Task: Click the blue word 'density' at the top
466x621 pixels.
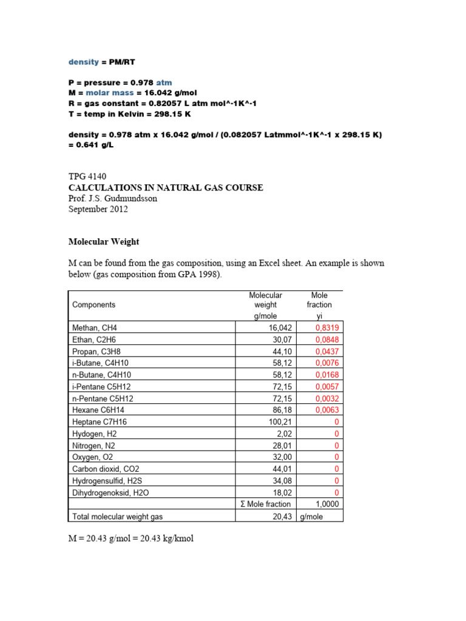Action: [83, 62]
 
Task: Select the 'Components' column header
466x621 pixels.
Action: [93, 304]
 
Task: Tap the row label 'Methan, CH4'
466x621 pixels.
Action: [95, 327]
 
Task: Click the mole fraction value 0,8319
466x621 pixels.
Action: [328, 327]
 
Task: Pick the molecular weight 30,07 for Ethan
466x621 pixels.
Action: [282, 339]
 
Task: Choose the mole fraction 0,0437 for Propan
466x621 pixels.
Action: [328, 351]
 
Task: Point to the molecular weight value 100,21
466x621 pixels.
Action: [280, 421]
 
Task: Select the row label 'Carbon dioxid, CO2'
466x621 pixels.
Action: [104, 469]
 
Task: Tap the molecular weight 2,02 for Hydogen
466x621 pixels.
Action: [284, 434]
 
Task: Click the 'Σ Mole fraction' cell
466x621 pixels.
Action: [265, 504]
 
